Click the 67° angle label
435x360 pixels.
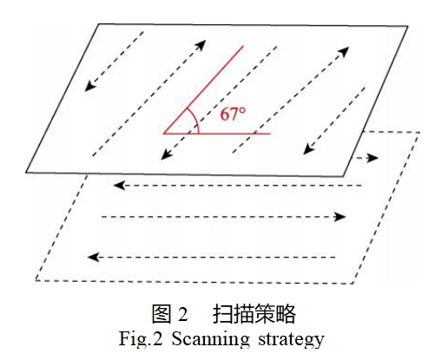(x=233, y=114)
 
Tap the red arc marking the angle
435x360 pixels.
(x=195, y=120)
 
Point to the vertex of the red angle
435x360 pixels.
(x=164, y=134)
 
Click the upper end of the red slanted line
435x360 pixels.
(x=243, y=46)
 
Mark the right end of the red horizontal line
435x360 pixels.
(x=270, y=134)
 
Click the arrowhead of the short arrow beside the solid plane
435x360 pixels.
(x=373, y=158)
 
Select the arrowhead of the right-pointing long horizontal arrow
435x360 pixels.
(x=340, y=217)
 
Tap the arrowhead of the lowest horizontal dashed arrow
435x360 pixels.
(x=94, y=257)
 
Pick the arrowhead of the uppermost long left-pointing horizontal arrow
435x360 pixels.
(x=119, y=186)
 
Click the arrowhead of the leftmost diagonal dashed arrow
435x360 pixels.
(x=90, y=86)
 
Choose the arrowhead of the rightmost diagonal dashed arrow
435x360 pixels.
(x=309, y=148)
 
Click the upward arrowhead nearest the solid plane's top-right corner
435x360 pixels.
(x=343, y=51)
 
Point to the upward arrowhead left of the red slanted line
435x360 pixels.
(x=201, y=45)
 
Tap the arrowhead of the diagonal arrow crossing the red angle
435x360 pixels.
(x=167, y=154)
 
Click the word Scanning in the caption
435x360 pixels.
(x=210, y=338)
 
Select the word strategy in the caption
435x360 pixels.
(x=291, y=339)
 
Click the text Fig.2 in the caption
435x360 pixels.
(x=141, y=337)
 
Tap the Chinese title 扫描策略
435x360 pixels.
(x=254, y=314)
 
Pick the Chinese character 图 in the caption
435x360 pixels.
(x=161, y=314)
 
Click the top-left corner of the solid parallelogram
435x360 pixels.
(x=99, y=24)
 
